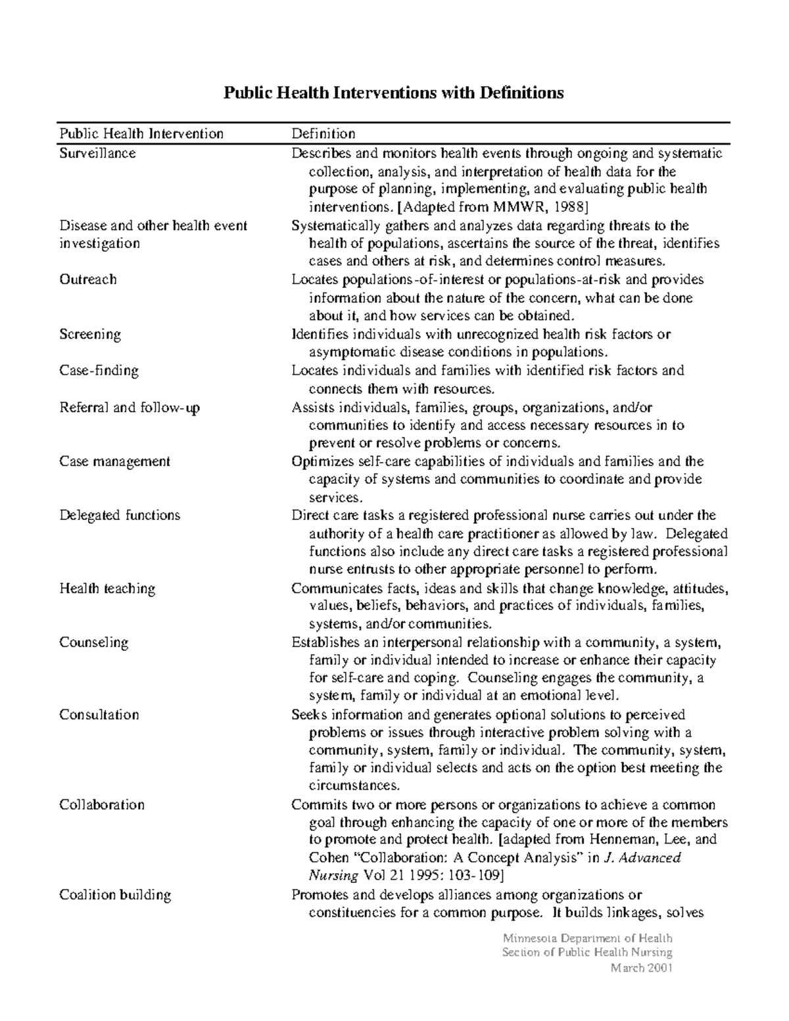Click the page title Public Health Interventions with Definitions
pos(393,93)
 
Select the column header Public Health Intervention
pos(141,133)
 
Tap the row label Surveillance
pos(97,153)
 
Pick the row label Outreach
pos(88,279)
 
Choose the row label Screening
pos(90,334)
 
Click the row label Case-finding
pos(99,371)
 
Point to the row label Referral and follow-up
pos(130,408)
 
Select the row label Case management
pos(114,462)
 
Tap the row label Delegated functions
pos(120,515)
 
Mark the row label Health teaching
pos(107,588)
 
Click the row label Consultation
pos(99,715)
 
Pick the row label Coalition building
pos(115,895)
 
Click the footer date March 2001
pos(641,968)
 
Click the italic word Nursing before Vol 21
pos(333,876)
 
